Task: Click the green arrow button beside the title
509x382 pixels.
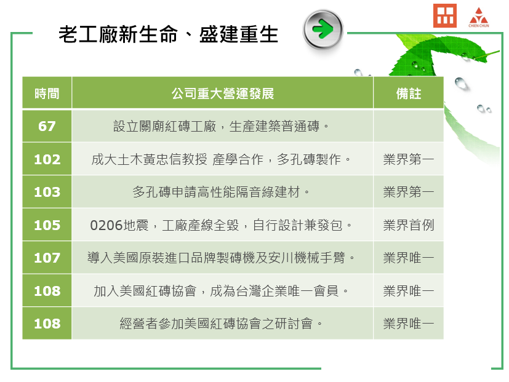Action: (323, 29)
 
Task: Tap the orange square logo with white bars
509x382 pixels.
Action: (445, 15)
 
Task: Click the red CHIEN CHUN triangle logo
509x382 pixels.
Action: (478, 17)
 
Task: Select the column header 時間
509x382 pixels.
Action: (47, 94)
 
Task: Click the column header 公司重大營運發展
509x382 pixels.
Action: (223, 94)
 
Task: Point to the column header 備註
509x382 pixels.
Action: (408, 94)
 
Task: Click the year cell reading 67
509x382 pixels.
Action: (47, 126)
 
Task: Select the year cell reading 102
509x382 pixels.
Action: (47, 159)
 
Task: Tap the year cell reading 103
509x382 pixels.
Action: (47, 192)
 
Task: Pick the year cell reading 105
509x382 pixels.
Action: (47, 225)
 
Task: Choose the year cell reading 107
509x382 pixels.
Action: (47, 258)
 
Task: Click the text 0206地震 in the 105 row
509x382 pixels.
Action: (119, 225)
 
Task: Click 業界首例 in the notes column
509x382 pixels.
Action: (408, 225)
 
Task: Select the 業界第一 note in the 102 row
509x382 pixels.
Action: (408, 159)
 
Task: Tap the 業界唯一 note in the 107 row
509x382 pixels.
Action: (408, 258)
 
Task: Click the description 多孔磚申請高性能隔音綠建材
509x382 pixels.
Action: (221, 192)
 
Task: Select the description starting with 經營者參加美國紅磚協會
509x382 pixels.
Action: (221, 324)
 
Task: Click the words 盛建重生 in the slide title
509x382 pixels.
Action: (239, 34)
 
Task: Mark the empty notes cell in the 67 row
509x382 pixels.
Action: (408, 126)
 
